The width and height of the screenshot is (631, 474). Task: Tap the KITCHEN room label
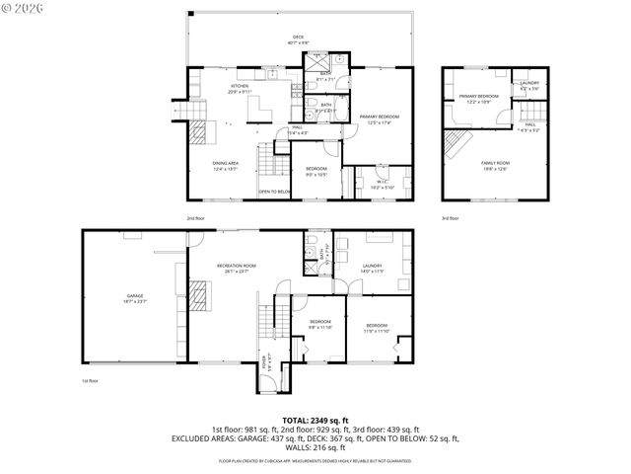[x=240, y=86]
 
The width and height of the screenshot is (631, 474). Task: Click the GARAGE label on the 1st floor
[x=134, y=296]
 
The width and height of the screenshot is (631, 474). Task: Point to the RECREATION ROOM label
[x=237, y=266]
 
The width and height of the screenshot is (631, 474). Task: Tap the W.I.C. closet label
[x=383, y=182]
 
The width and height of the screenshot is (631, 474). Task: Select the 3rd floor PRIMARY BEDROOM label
[x=478, y=97]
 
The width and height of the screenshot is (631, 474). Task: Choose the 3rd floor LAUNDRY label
[x=529, y=83]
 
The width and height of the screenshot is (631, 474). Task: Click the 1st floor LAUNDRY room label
[x=372, y=266]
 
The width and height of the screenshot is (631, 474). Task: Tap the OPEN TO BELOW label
[x=274, y=192]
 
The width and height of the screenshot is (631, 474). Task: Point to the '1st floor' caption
[x=90, y=380]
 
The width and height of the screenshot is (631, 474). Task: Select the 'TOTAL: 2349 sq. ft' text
[x=315, y=420]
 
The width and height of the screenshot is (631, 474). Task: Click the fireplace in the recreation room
[x=200, y=296]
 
